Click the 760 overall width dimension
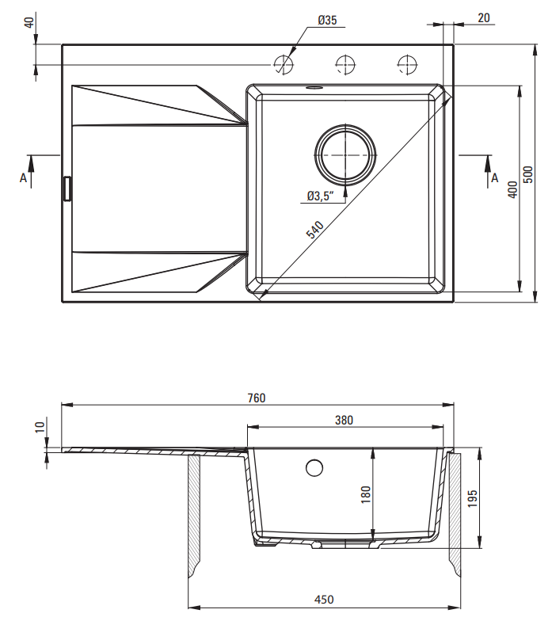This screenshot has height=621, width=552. pyautogui.click(x=256, y=398)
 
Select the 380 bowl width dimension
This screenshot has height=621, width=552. pyautogui.click(x=344, y=421)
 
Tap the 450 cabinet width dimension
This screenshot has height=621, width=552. pyautogui.click(x=324, y=600)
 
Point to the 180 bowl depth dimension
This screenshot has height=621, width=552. pyautogui.click(x=365, y=494)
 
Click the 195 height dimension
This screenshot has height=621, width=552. pyautogui.click(x=473, y=498)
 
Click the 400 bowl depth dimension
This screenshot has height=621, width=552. pyautogui.click(x=512, y=189)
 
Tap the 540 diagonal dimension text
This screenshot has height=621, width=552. pyautogui.click(x=315, y=230)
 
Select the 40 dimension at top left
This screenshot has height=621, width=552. pyautogui.click(x=30, y=21)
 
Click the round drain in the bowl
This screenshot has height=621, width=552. pyautogui.click(x=345, y=154)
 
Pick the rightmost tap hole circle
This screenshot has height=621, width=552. pyautogui.click(x=407, y=63)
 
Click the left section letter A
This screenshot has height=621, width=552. pyautogui.click(x=24, y=178)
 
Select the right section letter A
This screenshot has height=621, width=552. pyautogui.click(x=495, y=177)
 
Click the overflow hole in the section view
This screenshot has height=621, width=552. pyautogui.click(x=314, y=468)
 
